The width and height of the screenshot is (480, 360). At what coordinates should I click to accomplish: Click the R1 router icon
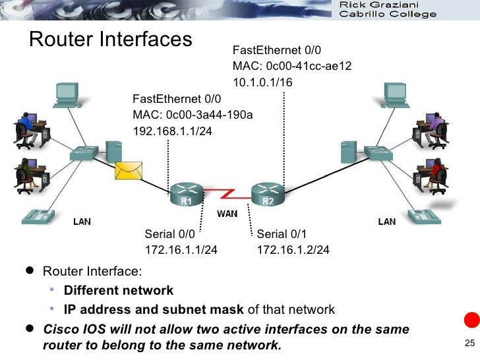187,195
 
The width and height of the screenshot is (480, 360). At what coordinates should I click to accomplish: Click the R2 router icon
267,195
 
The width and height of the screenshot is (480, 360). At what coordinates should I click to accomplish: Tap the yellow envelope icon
129,170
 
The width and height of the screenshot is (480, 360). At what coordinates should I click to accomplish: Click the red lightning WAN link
227,194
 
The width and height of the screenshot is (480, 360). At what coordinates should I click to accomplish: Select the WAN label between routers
227,214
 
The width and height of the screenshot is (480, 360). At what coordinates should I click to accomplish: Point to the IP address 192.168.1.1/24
173,131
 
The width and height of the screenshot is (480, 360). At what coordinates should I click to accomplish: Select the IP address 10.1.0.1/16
262,82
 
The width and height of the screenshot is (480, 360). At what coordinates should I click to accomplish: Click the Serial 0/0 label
170,234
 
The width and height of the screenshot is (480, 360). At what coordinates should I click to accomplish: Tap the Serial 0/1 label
282,234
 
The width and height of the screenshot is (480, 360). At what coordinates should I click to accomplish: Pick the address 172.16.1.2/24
293,250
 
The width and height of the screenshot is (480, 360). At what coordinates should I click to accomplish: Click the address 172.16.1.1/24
181,250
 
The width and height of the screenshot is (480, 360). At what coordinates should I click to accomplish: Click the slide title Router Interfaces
109,40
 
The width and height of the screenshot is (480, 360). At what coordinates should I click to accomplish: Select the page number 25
469,342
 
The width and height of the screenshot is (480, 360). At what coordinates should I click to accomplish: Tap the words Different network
119,290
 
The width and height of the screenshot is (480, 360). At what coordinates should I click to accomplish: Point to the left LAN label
82,222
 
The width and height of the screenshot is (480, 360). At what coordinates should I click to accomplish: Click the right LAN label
387,222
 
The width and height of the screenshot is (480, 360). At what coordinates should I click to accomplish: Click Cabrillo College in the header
392,15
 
